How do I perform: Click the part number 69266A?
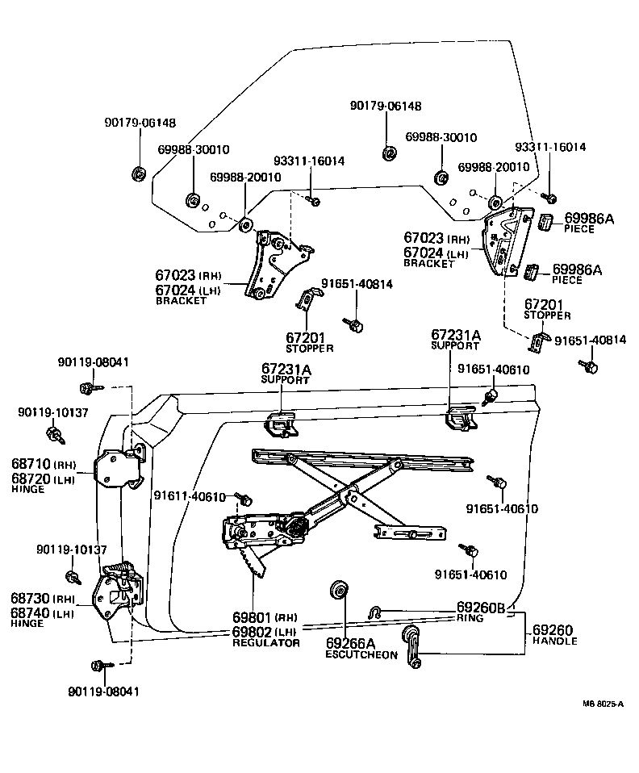point(351,643)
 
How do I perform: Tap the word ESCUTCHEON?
point(361,654)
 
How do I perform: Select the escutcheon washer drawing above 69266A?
point(339,591)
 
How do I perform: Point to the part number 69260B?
point(481,608)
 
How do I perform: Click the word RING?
point(470,618)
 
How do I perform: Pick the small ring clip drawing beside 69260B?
point(375,612)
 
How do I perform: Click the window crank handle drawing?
point(412,645)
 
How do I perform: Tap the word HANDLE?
point(555,641)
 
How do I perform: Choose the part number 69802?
point(253,632)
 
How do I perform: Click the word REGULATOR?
point(266,643)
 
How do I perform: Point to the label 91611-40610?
point(190,496)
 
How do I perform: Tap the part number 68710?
point(31,465)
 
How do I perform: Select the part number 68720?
point(31,478)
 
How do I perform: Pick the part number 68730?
point(31,599)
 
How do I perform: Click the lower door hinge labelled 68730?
point(119,589)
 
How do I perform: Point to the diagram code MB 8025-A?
point(603,704)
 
